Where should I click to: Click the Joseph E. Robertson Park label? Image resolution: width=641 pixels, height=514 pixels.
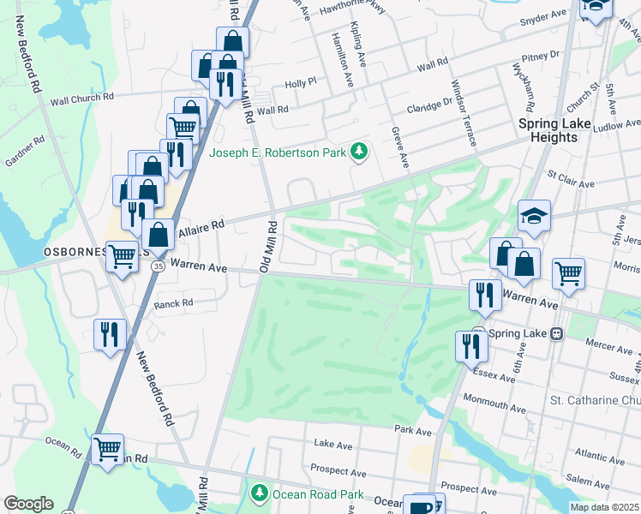click(279, 153)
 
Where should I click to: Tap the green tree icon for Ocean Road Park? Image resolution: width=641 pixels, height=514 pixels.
click(259, 494)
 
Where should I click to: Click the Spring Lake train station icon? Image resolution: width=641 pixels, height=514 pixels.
click(557, 332)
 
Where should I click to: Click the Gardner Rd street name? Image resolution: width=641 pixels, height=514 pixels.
click(24, 149)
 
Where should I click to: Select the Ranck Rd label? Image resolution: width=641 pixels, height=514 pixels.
click(173, 303)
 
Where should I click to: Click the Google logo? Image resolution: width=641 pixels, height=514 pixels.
click(28, 504)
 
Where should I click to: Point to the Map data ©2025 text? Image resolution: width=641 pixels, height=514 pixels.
click(604, 507)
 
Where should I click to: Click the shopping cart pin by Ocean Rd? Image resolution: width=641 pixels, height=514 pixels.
click(108, 449)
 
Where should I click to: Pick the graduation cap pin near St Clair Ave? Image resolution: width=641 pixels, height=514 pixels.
click(534, 216)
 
